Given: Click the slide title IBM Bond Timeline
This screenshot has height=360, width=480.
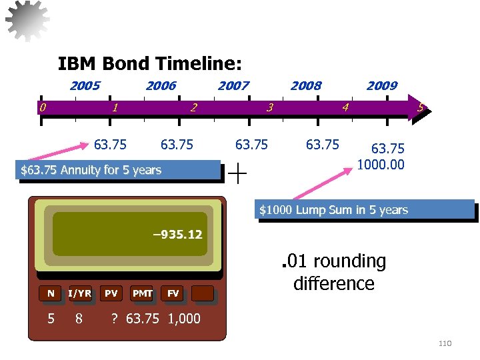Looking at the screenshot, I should pyautogui.click(x=149, y=64).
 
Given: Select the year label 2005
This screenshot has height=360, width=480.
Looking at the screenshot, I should pyautogui.click(x=85, y=85).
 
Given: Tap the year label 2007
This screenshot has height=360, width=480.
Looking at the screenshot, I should pyautogui.click(x=233, y=85).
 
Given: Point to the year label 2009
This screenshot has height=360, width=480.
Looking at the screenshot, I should pyautogui.click(x=382, y=85).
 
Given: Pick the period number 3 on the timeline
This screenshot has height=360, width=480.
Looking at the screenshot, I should pyautogui.click(x=269, y=107).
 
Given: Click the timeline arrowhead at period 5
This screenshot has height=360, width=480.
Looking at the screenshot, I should pyautogui.click(x=420, y=107).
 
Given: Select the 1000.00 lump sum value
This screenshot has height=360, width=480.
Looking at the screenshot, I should pyautogui.click(x=381, y=164).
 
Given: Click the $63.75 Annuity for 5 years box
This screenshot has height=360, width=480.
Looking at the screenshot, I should pyautogui.click(x=120, y=170).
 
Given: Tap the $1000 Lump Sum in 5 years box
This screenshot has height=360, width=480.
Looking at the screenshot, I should pyautogui.click(x=366, y=210).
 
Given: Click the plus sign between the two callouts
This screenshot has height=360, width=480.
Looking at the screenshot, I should pyautogui.click(x=237, y=173).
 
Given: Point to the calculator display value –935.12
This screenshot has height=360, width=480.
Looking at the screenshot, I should pyautogui.click(x=177, y=235).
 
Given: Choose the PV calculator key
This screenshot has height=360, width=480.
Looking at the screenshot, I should pyautogui.click(x=111, y=293).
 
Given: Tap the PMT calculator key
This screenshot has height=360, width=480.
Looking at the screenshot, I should pyautogui.click(x=142, y=293).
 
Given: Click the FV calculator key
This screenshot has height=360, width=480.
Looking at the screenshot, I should pyautogui.click(x=173, y=293).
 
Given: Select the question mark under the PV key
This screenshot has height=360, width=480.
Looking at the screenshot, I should pyautogui.click(x=114, y=319).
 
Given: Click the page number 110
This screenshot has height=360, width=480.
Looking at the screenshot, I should pyautogui.click(x=445, y=343).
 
